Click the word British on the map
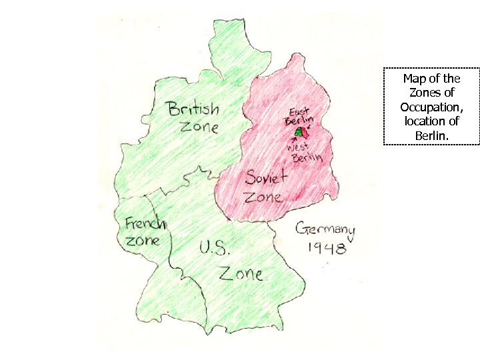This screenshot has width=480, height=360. pyautogui.click(x=193, y=109)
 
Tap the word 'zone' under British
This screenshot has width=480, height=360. pyautogui.click(x=200, y=126)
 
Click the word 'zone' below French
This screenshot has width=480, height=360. pyautogui.click(x=143, y=240)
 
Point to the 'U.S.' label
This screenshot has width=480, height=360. pyautogui.click(x=215, y=249)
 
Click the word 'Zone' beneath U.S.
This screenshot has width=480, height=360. pyautogui.click(x=241, y=272)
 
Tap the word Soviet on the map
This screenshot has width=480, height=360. pyautogui.click(x=266, y=178)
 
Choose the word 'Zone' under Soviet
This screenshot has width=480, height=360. pyautogui.click(x=263, y=197)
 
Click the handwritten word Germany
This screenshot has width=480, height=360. pyautogui.click(x=325, y=231)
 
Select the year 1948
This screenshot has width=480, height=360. pyautogui.click(x=326, y=249)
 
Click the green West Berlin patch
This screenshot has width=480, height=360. pyautogui.click(x=299, y=132)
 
